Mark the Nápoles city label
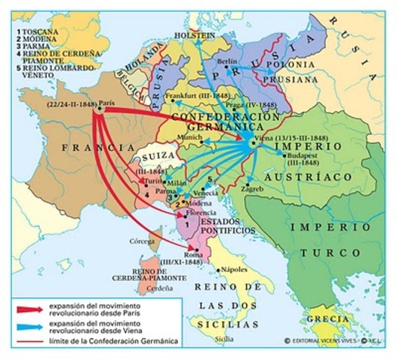click(236, 268)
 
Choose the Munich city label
click(191, 139)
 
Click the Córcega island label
click(140, 242)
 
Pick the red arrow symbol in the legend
click(24, 308)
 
